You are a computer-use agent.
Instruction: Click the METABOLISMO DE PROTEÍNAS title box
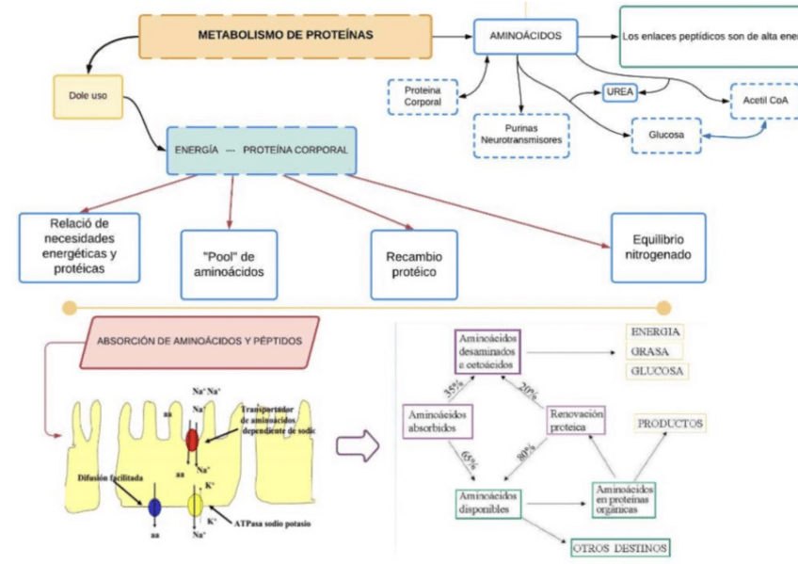click(285, 36)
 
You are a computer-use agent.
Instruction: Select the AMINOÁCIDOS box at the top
click(525, 36)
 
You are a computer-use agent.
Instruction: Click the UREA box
click(621, 92)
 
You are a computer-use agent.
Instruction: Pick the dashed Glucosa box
click(667, 135)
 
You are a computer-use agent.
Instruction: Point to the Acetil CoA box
click(763, 100)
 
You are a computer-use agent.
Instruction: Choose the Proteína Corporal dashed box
click(422, 96)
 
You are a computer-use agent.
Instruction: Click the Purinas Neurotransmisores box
click(521, 134)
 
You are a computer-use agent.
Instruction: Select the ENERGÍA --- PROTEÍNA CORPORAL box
click(261, 151)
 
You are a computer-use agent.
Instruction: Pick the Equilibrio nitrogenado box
click(657, 246)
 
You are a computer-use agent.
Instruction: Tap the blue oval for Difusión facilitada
click(153, 508)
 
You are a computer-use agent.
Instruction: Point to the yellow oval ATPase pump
click(195, 505)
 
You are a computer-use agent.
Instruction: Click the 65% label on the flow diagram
click(468, 459)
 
